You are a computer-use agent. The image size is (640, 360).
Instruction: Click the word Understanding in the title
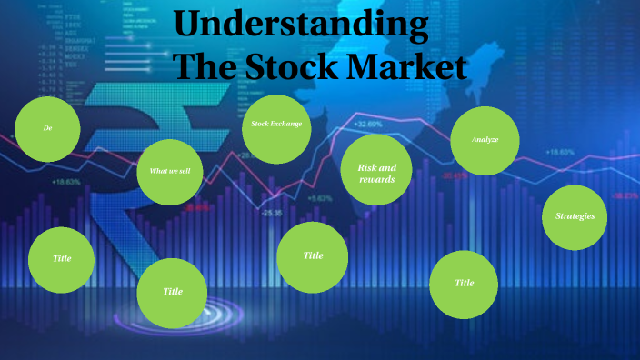[301, 25]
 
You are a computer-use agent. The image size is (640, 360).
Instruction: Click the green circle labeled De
[48, 129]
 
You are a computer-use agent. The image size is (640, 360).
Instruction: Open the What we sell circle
[170, 171]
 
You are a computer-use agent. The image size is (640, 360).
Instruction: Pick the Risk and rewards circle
[377, 173]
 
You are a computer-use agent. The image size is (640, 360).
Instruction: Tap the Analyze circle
[485, 140]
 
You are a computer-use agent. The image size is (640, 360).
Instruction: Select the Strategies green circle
[575, 216]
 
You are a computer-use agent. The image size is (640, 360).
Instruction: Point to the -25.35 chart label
[272, 213]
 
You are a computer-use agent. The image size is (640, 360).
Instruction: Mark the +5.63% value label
[320, 198]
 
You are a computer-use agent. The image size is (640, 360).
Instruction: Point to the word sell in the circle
[185, 171]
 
